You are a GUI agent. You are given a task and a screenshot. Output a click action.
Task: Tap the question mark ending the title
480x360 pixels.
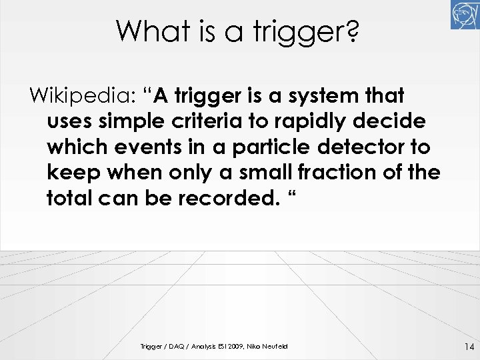353,31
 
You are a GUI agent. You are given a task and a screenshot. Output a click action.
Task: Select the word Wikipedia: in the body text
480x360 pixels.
80,96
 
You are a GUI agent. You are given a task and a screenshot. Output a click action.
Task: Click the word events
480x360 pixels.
143,147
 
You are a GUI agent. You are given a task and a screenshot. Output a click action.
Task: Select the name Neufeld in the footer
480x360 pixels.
274,347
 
